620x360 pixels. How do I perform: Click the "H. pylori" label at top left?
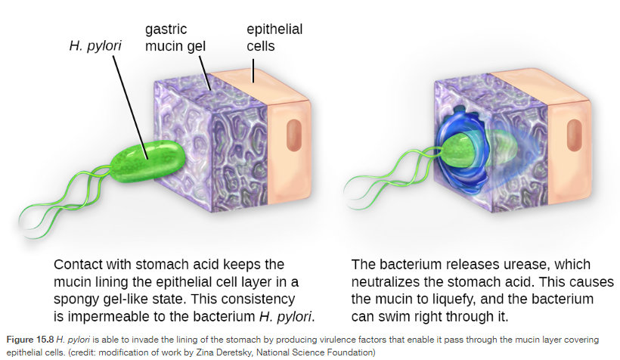(x=95, y=46)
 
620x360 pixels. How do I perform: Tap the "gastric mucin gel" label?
(x=175, y=38)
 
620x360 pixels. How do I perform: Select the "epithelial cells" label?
(x=274, y=38)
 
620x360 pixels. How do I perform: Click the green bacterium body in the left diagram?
(x=148, y=161)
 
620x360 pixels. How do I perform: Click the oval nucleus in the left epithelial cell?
(x=294, y=135)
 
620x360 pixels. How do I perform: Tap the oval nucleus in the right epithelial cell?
(x=574, y=135)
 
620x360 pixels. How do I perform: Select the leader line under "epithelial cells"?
(x=253, y=71)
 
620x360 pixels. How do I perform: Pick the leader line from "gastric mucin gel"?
(x=205, y=73)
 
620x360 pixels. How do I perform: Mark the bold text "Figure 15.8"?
(x=30, y=340)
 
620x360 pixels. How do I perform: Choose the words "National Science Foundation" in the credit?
(x=315, y=352)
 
